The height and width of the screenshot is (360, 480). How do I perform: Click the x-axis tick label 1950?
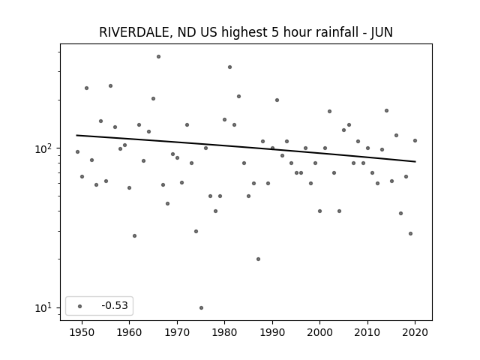(x=82, y=332)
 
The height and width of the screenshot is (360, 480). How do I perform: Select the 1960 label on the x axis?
(x=129, y=332)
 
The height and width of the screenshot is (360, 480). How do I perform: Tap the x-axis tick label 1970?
(x=177, y=332)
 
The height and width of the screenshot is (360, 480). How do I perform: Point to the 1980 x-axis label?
(x=224, y=332)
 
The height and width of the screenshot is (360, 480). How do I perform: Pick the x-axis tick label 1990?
(x=272, y=332)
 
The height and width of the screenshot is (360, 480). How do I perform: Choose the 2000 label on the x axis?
(x=319, y=332)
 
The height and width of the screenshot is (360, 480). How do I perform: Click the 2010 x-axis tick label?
(x=367, y=332)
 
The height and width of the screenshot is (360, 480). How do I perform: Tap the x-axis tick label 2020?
(x=415, y=332)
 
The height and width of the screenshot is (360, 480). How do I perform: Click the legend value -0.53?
(x=115, y=305)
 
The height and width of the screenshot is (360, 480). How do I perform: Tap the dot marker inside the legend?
(x=80, y=306)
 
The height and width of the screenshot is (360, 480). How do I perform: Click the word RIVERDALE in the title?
(x=133, y=32)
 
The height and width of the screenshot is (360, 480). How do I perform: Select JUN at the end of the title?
(x=382, y=32)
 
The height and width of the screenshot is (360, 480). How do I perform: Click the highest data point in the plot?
(x=158, y=57)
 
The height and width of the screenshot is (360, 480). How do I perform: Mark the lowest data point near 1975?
(x=201, y=307)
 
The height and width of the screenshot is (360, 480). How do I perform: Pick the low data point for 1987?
(x=258, y=259)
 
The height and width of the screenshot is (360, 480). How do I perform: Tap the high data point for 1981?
(x=230, y=67)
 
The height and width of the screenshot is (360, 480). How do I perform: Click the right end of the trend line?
(x=415, y=162)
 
